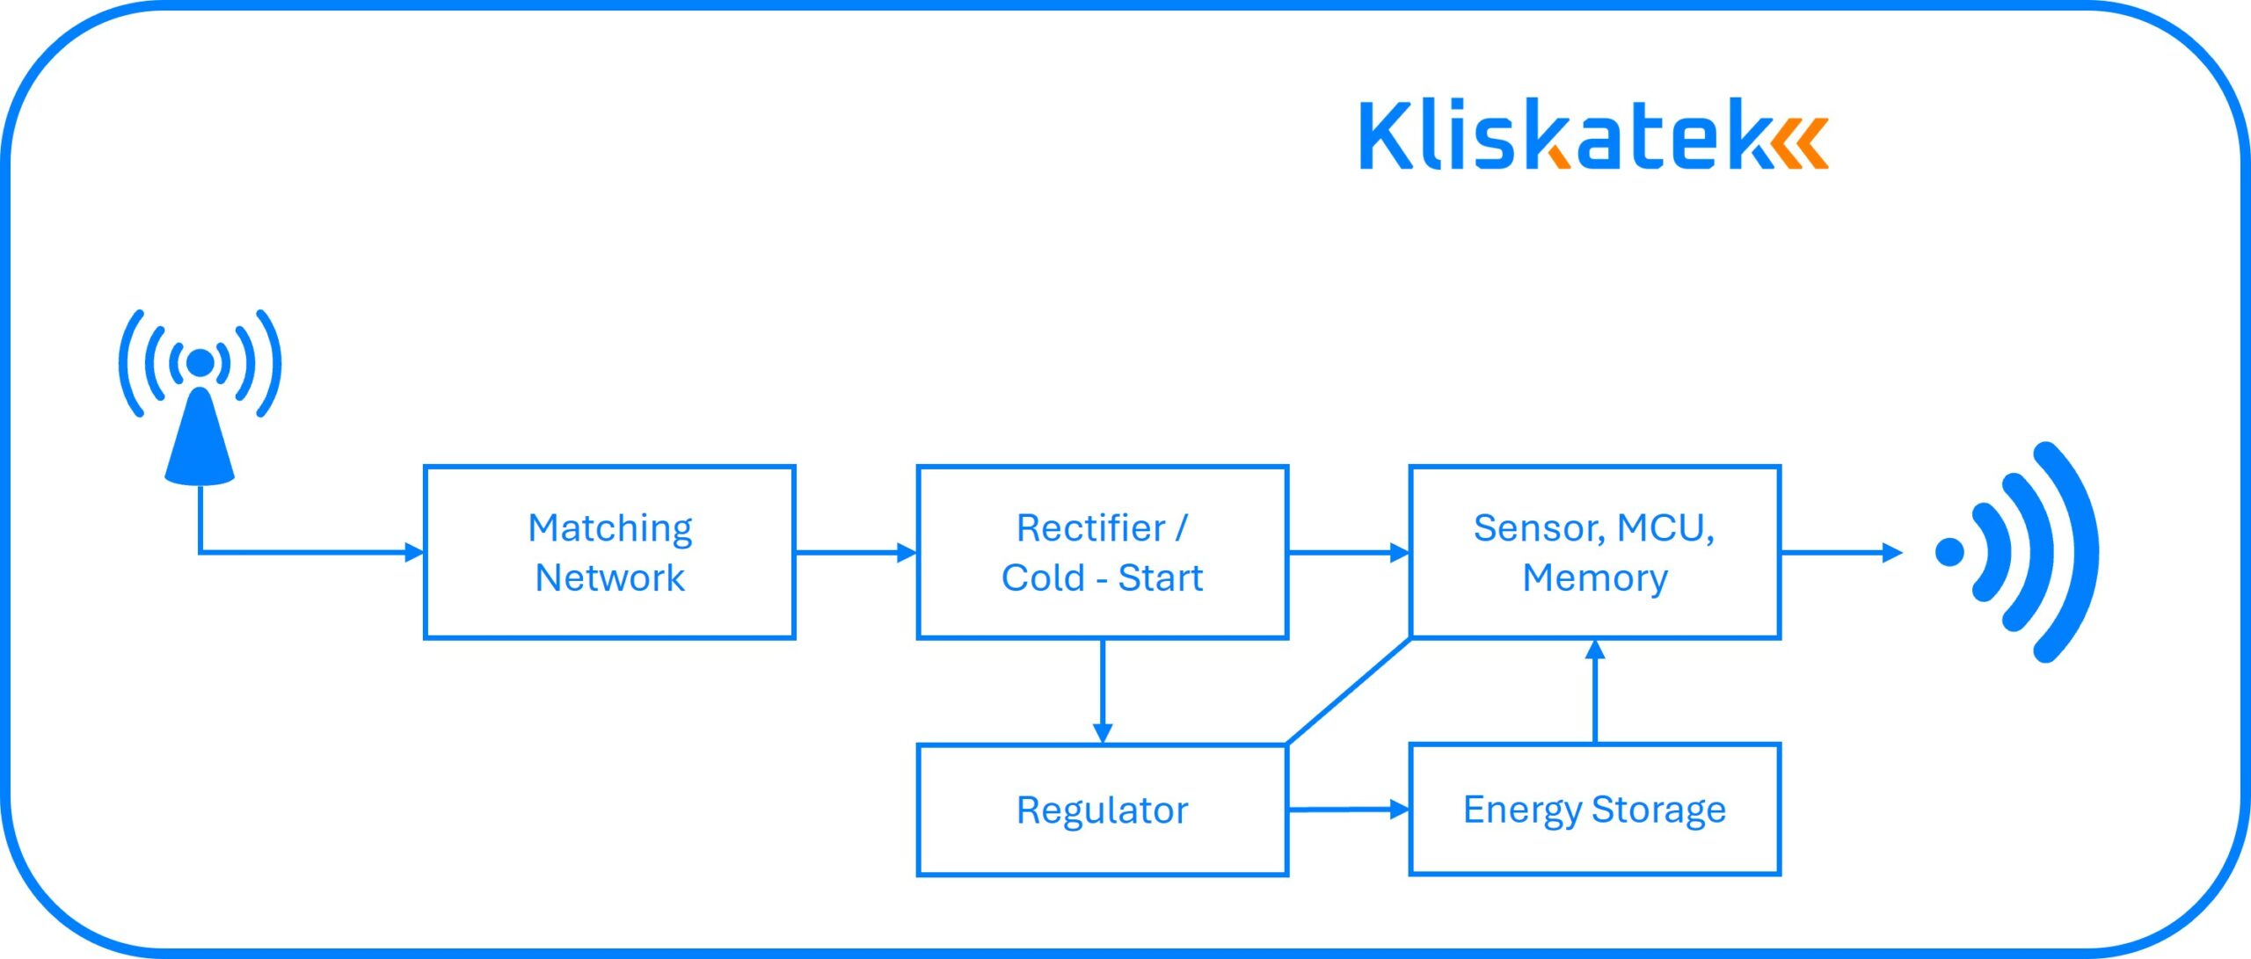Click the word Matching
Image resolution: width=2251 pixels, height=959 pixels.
(x=609, y=528)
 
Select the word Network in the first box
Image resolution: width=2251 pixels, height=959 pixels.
(x=609, y=578)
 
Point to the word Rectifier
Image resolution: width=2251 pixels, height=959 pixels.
(x=1090, y=528)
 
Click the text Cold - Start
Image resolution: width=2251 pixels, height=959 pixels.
(x=1102, y=578)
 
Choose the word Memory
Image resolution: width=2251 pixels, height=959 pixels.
(x=1595, y=578)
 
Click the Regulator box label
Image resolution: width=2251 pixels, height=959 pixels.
(x=1102, y=810)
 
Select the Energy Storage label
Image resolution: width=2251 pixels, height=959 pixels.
(x=1594, y=809)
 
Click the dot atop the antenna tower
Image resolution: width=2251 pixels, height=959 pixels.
(x=200, y=362)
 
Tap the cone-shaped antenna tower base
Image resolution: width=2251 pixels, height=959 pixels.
(x=200, y=444)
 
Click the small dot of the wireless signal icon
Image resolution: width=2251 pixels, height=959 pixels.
(x=1949, y=552)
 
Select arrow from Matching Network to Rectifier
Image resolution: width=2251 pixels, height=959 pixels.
(x=855, y=552)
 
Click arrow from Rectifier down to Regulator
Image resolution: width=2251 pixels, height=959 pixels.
(x=1102, y=690)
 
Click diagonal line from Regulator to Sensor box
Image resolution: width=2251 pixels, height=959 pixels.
(x=1349, y=691)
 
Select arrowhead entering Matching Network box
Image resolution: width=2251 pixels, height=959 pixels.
(x=413, y=552)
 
